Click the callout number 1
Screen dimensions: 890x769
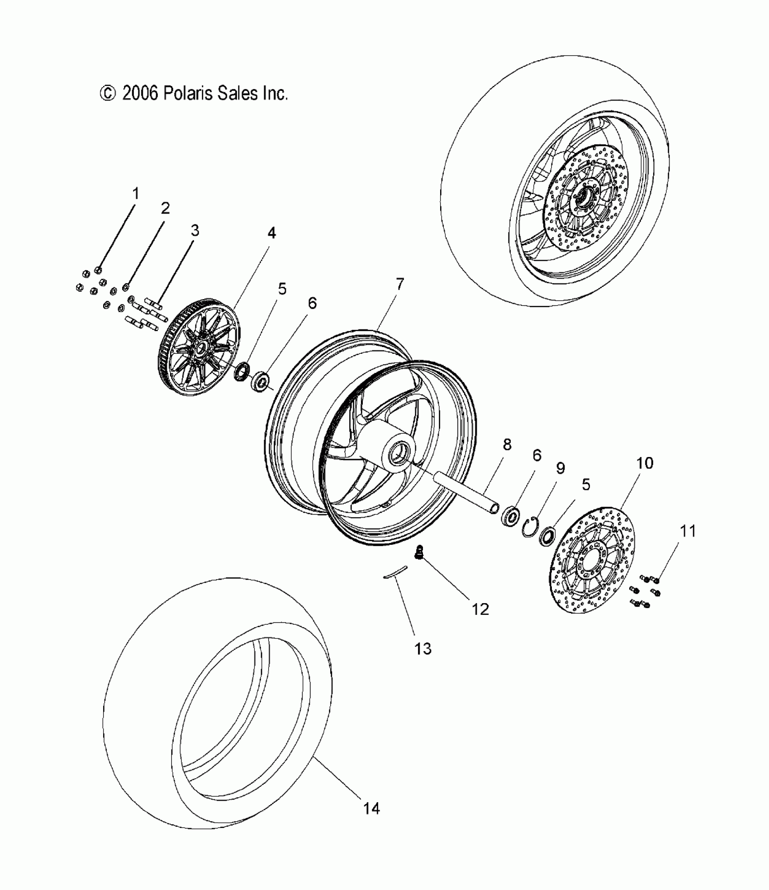135,194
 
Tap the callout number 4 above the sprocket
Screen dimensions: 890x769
271,233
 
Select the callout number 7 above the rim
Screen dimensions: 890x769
399,284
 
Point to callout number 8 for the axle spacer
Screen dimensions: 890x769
507,444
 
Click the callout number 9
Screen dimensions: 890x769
560,468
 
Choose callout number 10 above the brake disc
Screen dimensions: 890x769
645,463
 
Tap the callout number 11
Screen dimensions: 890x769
688,531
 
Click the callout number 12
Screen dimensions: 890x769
480,609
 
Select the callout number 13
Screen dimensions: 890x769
423,649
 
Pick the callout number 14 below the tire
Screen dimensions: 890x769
371,809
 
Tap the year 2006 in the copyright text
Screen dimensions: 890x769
140,93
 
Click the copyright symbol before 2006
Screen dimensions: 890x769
107,94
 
